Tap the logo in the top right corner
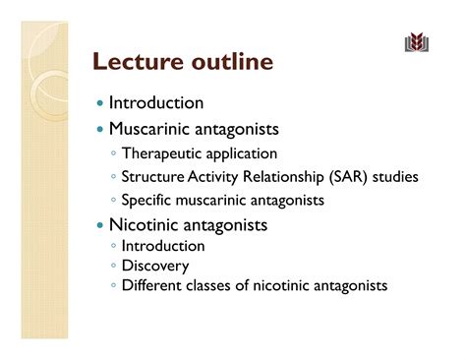[417, 42]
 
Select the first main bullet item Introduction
[156, 102]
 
